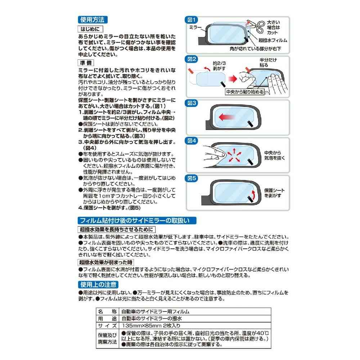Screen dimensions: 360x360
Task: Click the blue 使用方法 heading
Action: [x=93, y=20]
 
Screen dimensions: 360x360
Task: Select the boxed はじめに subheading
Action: [x=90, y=29]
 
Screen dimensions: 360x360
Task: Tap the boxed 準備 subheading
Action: [x=86, y=63]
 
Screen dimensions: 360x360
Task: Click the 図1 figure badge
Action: [x=191, y=20]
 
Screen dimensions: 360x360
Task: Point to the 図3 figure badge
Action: [x=192, y=103]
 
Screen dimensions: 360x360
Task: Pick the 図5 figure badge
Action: [x=192, y=178]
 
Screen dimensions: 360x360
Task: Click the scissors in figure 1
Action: [x=256, y=26]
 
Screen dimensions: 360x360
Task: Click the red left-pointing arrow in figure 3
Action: [x=226, y=117]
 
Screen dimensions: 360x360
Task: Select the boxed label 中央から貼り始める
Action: [x=245, y=92]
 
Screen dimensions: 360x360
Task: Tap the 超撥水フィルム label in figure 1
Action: [x=273, y=40]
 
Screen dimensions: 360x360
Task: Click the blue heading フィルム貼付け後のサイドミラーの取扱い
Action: [x=137, y=221]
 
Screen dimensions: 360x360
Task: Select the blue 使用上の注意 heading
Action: [x=98, y=285]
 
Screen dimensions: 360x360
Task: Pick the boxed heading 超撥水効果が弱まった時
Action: [x=106, y=262]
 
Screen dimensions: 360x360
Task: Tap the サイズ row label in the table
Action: [x=107, y=325]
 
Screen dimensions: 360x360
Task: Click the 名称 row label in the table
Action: [x=107, y=311]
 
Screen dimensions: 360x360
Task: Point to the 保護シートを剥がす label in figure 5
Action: [x=274, y=193]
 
